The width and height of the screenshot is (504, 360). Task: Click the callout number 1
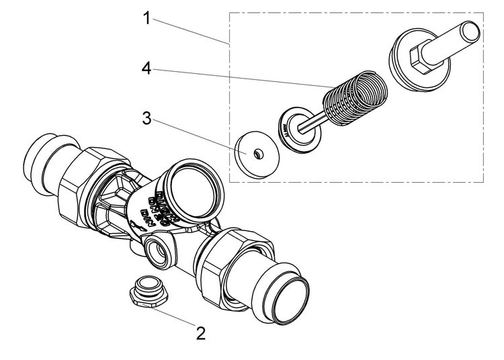pos(146,18)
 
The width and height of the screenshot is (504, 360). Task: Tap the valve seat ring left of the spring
pos(296,129)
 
